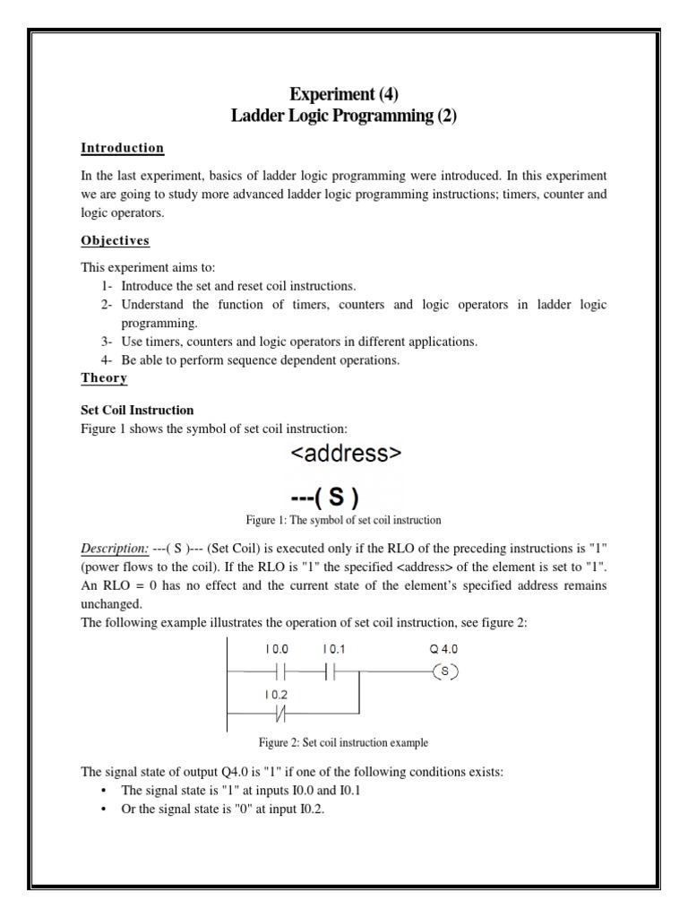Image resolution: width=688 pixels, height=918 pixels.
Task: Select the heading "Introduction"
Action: pyautogui.click(x=123, y=148)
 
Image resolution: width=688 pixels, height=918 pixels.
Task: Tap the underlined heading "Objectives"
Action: pyautogui.click(x=116, y=241)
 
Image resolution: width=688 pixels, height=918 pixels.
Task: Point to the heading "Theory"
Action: pyautogui.click(x=104, y=378)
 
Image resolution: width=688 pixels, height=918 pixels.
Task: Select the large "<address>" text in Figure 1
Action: pyautogui.click(x=345, y=455)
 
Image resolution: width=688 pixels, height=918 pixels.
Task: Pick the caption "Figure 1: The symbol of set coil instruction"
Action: pyautogui.click(x=344, y=520)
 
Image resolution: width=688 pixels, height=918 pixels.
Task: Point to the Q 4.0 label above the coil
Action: pyautogui.click(x=444, y=648)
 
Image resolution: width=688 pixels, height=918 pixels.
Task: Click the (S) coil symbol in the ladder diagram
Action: pyautogui.click(x=445, y=671)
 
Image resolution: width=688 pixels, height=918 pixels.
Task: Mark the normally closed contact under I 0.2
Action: pyautogui.click(x=277, y=713)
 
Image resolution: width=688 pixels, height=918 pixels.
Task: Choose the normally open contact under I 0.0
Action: pyautogui.click(x=277, y=671)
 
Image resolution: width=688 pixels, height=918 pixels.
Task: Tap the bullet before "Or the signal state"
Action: pyautogui.click(x=105, y=810)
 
